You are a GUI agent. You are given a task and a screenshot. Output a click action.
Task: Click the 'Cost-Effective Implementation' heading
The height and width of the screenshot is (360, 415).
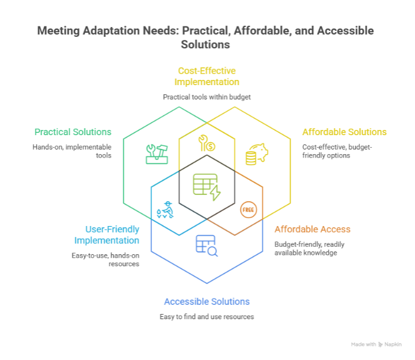click(x=207, y=76)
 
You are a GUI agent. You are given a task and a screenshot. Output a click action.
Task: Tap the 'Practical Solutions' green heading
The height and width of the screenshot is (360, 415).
click(x=73, y=132)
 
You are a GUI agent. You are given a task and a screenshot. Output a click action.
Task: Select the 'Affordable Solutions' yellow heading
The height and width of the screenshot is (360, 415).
click(x=345, y=132)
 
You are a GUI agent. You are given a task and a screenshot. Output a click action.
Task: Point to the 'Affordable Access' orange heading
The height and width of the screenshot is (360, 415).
click(x=313, y=229)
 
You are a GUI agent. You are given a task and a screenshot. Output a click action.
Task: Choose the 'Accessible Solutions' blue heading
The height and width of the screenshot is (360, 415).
click(x=207, y=301)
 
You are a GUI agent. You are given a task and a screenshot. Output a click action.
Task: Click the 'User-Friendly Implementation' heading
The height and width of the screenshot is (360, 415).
click(x=106, y=235)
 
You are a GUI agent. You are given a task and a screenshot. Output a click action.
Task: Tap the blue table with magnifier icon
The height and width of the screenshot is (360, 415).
click(x=207, y=245)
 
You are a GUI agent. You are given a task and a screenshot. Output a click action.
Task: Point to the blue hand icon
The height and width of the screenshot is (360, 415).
click(x=165, y=209)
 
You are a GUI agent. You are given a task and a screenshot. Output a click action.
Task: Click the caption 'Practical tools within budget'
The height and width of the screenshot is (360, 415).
click(x=207, y=97)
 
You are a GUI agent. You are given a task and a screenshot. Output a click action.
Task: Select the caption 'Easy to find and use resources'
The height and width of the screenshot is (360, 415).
click(x=207, y=317)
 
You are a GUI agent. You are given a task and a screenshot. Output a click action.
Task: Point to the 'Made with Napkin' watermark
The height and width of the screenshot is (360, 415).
click(x=376, y=344)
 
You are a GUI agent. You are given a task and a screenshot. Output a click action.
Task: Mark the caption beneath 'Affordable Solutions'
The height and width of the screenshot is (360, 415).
click(x=338, y=151)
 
